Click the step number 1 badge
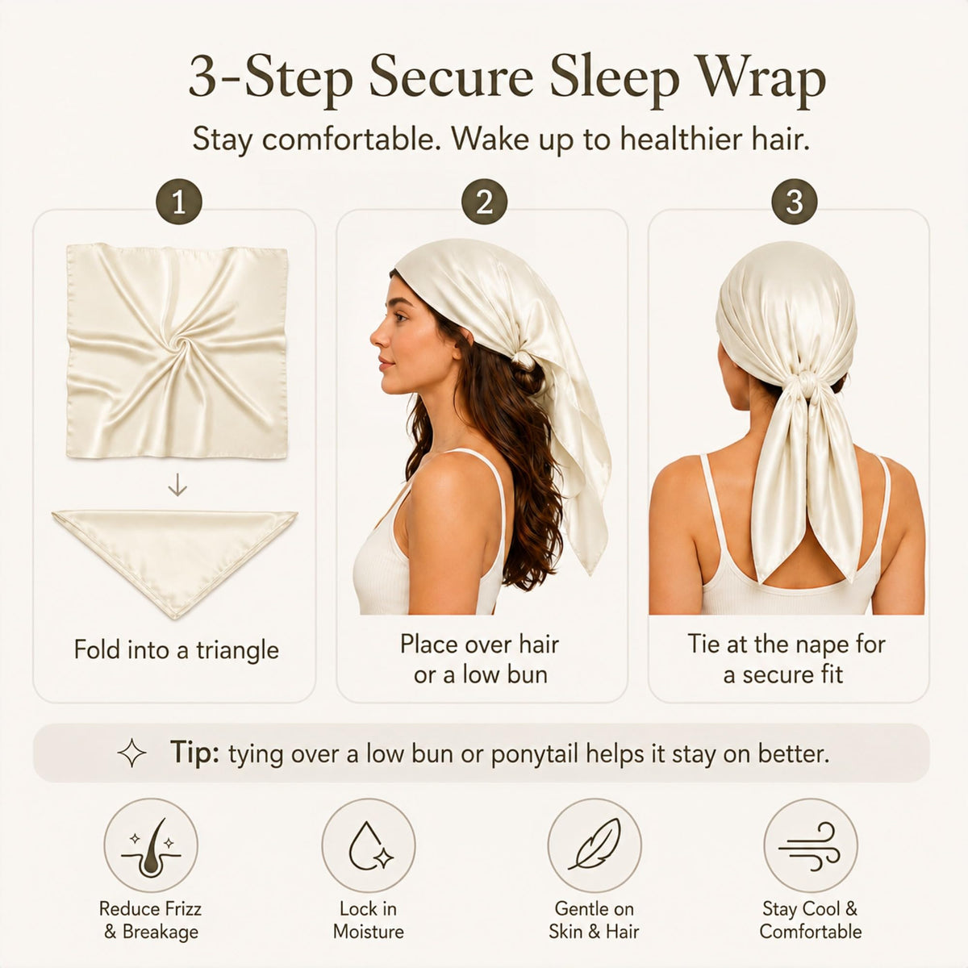click(x=179, y=202)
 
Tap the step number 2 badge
click(x=484, y=202)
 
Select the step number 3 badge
click(x=795, y=202)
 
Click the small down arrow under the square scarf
click(x=177, y=486)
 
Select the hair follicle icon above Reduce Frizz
click(x=151, y=846)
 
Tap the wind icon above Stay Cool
click(x=810, y=846)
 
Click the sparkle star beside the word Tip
click(x=131, y=753)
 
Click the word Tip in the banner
click(x=194, y=753)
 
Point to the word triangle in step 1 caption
click(x=237, y=651)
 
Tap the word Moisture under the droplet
click(x=368, y=932)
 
